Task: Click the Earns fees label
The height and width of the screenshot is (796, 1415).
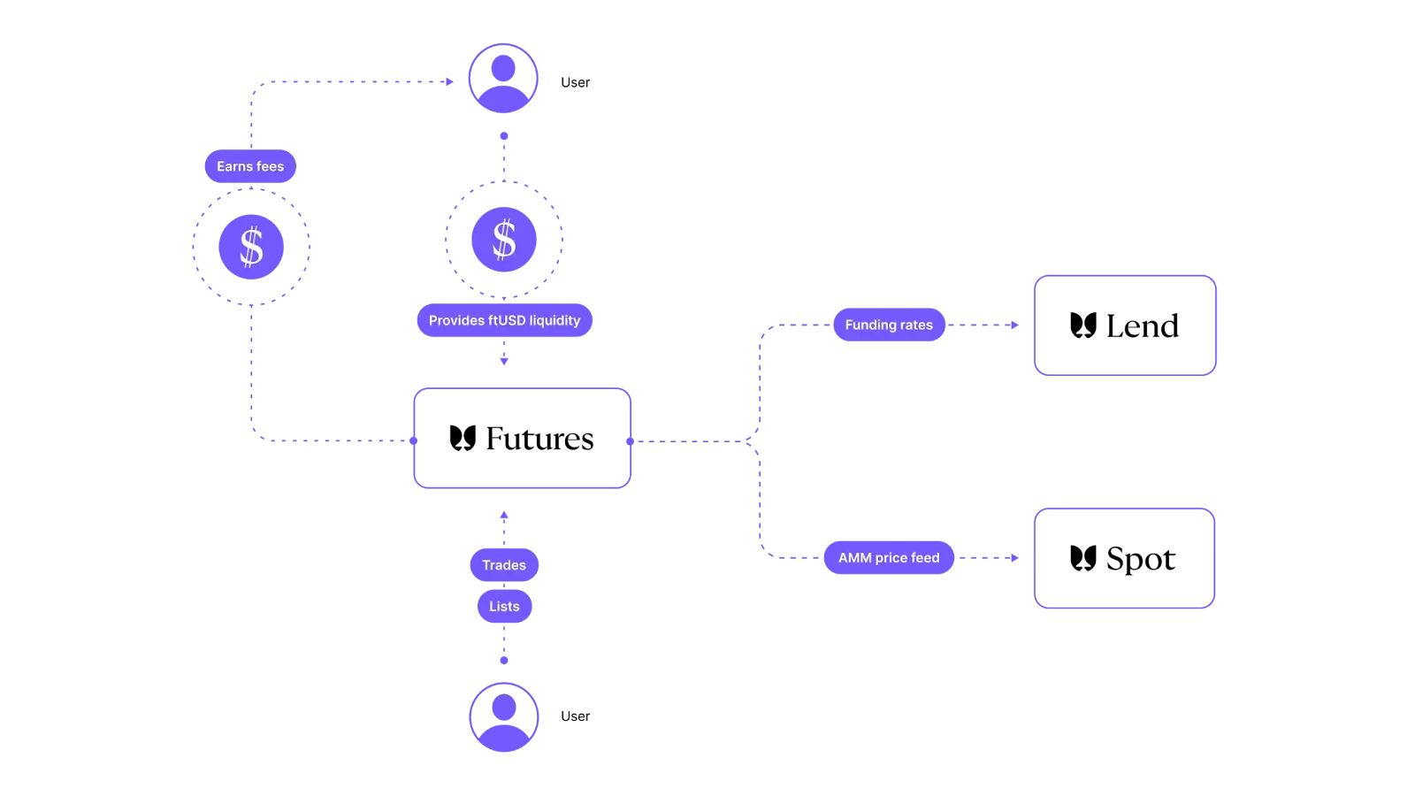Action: pos(250,166)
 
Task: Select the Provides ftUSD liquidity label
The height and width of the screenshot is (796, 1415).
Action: pos(504,320)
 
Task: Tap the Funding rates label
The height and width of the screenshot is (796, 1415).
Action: pos(889,325)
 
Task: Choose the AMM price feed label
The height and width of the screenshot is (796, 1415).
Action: pos(889,558)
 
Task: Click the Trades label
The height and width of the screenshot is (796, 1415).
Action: pos(504,565)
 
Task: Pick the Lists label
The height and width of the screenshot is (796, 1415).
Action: pos(504,607)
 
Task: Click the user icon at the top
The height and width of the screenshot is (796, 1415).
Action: pos(503,79)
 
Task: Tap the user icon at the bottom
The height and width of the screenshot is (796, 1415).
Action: pos(503,716)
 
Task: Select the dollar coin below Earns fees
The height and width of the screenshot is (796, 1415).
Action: pos(251,247)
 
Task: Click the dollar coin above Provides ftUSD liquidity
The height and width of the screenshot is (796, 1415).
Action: pos(504,239)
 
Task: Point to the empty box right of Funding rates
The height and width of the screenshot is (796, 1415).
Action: pos(1126,325)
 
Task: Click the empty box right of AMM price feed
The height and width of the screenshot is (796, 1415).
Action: pos(1125,558)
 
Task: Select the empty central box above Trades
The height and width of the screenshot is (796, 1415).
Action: pos(522,438)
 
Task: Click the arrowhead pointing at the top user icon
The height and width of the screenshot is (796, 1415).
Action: pos(452,82)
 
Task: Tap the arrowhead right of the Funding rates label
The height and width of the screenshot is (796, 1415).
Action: pos(1014,325)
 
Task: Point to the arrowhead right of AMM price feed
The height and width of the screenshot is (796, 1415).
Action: pos(1013,558)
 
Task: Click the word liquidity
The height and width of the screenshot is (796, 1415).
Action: pos(555,320)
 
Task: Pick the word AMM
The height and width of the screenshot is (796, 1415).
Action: pos(854,558)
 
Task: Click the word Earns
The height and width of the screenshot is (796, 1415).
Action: pos(234,166)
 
